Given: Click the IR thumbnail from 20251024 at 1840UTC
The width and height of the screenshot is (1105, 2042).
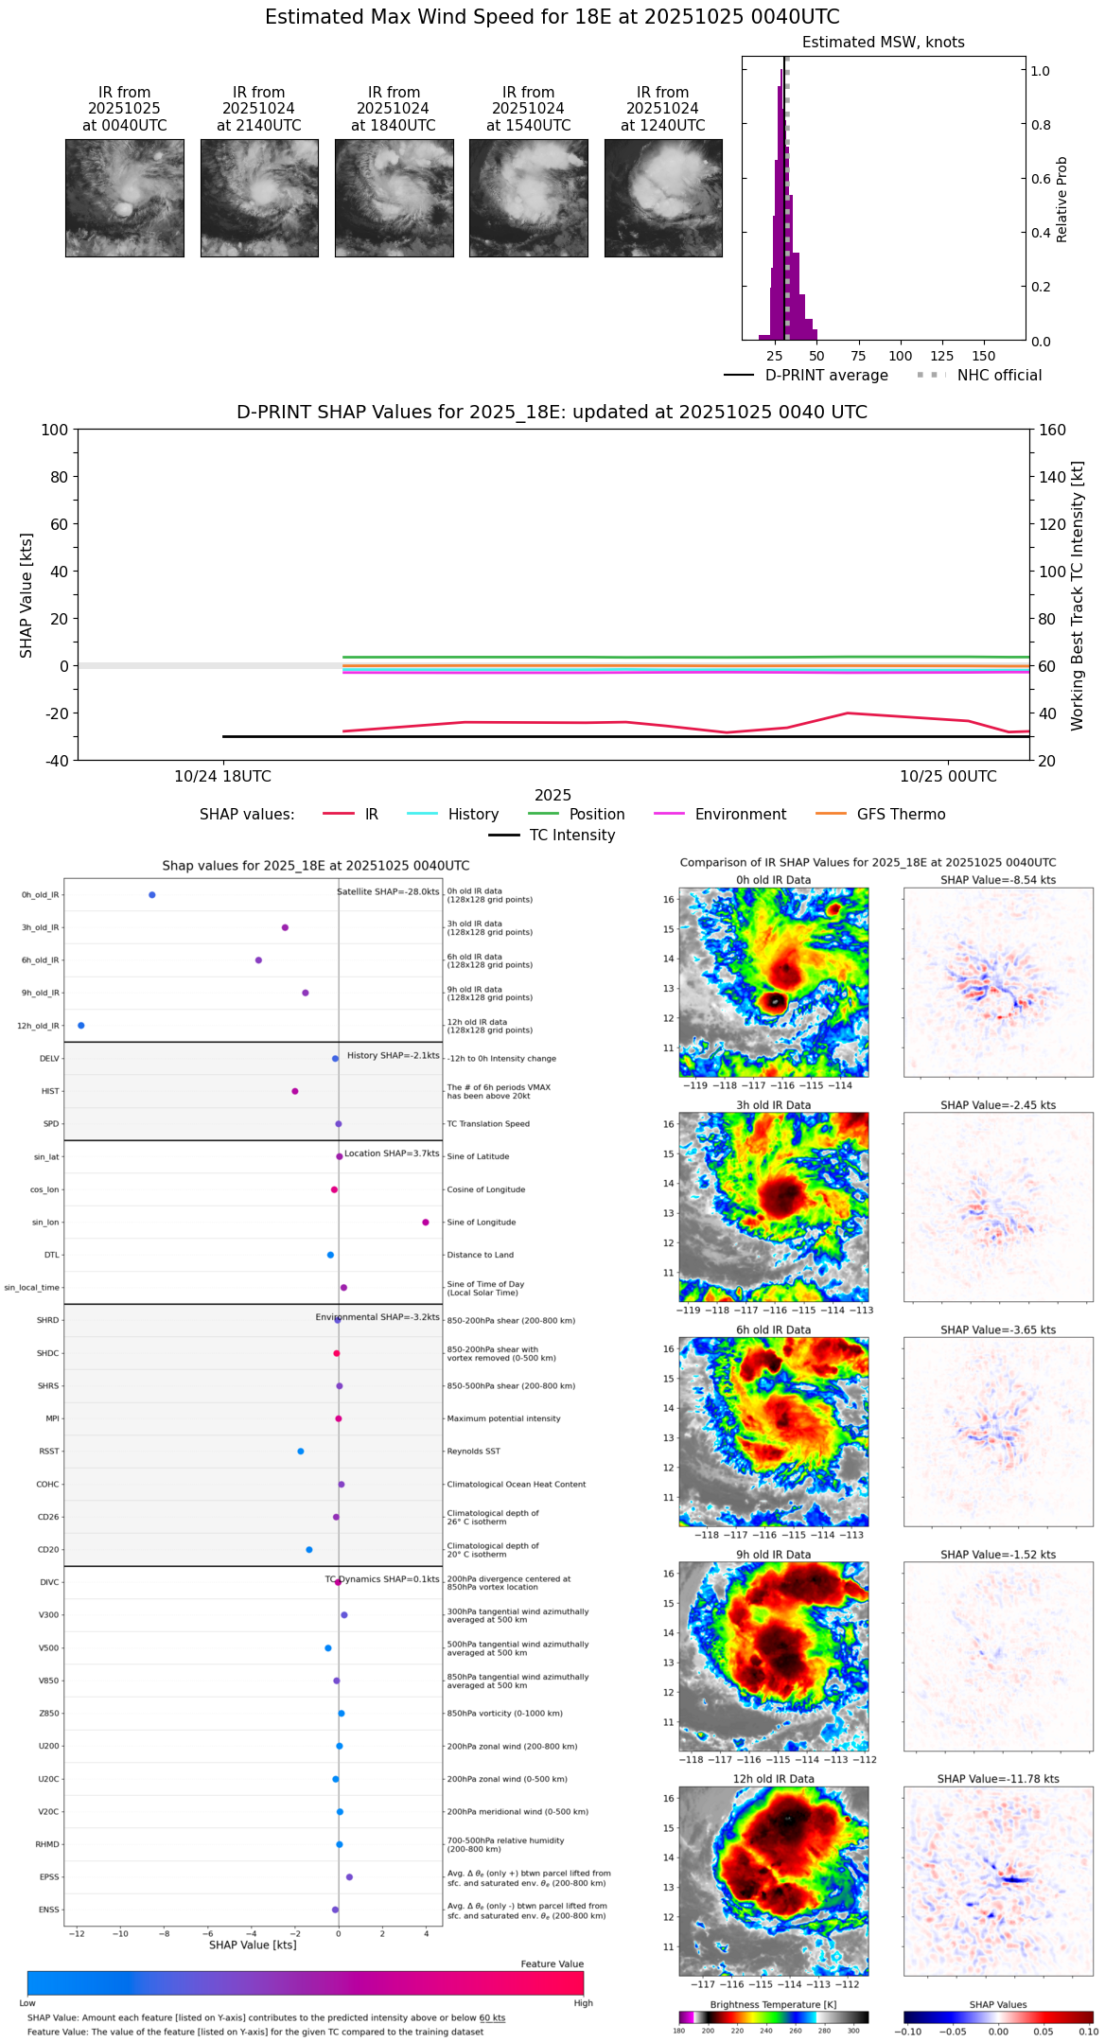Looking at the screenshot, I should coord(394,198).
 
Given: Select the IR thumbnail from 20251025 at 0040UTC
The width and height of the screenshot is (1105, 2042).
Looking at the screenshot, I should coord(124,198).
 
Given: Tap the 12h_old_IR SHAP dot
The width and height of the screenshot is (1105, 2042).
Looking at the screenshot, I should coord(80,1026).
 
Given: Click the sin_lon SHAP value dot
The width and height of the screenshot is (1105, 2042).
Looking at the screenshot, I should coord(426,1223).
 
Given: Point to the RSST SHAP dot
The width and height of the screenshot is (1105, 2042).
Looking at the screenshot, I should coord(301,1452).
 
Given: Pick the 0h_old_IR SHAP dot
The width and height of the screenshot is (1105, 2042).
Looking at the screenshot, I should coord(152,895).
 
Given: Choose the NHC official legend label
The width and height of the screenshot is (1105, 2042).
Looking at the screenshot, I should coord(999,376).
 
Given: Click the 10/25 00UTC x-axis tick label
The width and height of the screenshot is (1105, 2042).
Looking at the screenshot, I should coord(948,777).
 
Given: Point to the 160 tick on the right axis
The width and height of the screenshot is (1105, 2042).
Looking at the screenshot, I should coord(1053,430).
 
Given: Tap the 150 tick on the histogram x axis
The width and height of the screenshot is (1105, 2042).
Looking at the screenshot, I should coord(984,356).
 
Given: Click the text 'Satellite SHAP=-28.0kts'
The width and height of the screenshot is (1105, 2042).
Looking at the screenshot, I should coord(388,891).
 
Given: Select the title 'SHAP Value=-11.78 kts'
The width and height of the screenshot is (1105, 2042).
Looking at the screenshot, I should coord(998,1779).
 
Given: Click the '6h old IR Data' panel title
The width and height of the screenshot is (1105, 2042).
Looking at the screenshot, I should coord(773,1329).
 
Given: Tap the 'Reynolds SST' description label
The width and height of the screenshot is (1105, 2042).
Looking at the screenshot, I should coord(473,1452).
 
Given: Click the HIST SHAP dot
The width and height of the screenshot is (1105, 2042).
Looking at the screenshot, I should coord(295,1091).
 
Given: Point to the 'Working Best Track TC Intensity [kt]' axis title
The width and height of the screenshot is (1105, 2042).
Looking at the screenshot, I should coord(1078,596).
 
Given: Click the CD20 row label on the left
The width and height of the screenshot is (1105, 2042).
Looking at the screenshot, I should coord(48,1550).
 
